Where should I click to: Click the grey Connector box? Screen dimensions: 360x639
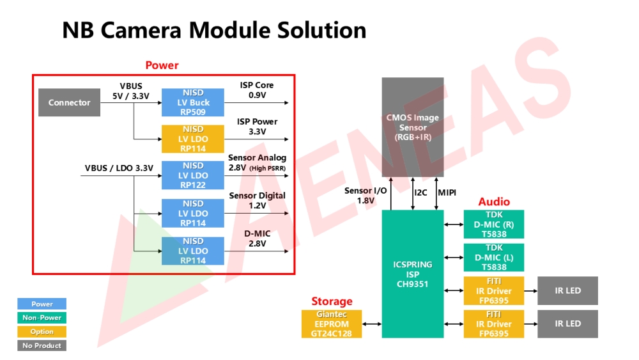coord(69,103)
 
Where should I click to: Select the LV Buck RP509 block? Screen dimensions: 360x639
coord(193,102)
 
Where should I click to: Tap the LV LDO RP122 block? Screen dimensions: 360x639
coord(193,175)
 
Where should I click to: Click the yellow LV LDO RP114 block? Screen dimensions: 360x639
coord(193,139)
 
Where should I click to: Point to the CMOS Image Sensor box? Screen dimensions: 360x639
coord(413,127)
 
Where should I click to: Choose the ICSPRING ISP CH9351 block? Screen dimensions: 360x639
coord(413,274)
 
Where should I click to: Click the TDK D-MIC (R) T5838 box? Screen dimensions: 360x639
coord(494,224)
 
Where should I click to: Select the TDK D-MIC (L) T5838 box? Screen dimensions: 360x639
coord(494,258)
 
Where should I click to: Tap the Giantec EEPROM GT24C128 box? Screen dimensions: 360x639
coord(332,324)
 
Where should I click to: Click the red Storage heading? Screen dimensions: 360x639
coord(332,301)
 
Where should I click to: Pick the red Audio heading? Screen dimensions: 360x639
coord(494,202)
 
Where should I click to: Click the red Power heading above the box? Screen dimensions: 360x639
coord(162,65)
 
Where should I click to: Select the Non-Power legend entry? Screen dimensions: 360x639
coord(42,318)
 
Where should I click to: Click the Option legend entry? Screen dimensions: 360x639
coord(42,331)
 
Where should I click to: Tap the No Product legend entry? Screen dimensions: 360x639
coord(42,345)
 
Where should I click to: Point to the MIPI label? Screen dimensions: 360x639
coord(447,192)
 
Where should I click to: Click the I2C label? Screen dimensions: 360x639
coord(420,192)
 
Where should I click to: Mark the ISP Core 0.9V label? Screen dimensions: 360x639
coord(257,90)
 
